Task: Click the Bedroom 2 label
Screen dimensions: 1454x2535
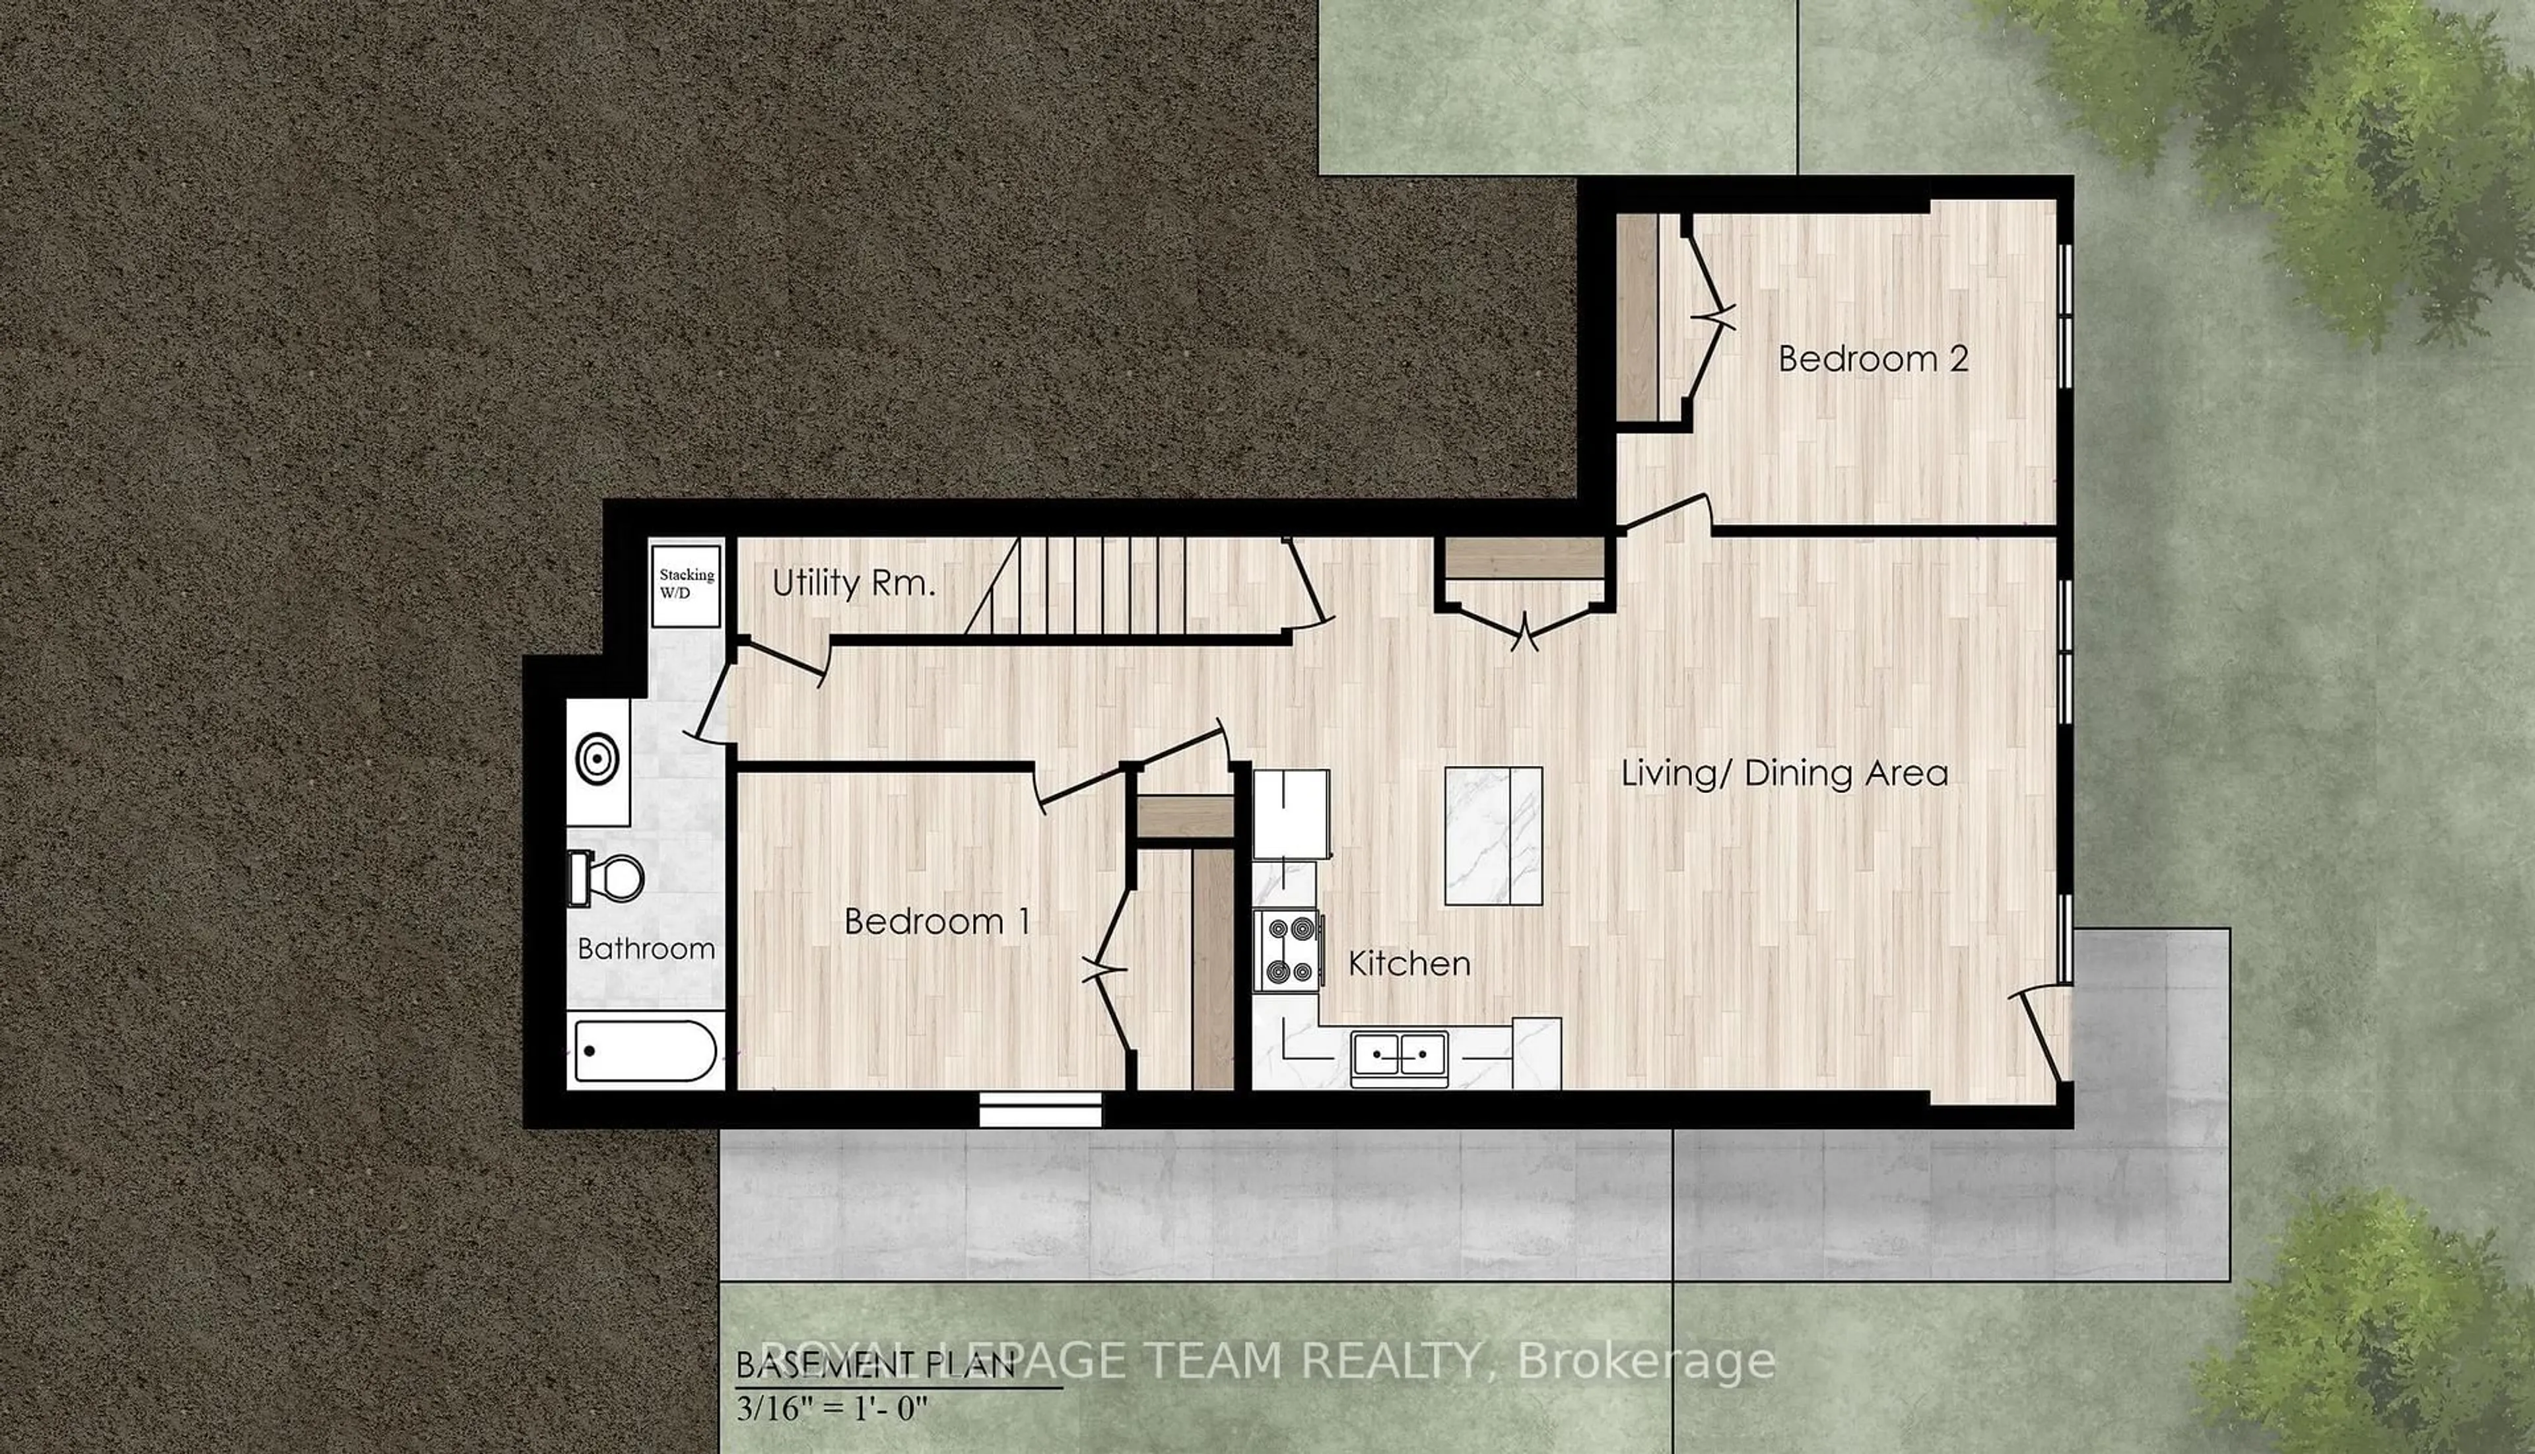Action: pos(1873,359)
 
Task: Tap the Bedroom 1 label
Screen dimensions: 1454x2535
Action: pos(937,920)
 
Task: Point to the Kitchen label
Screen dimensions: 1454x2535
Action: pos(1409,963)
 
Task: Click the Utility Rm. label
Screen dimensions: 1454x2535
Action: pos(854,583)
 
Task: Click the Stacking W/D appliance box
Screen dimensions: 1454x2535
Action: pos(686,585)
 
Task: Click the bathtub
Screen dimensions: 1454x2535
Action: pos(645,1051)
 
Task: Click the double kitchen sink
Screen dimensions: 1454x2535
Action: pos(1399,1055)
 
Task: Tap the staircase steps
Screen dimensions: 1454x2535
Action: pos(1098,586)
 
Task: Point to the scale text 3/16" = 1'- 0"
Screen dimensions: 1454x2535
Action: pos(832,1409)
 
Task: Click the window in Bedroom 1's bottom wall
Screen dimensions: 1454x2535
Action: pos(1039,1109)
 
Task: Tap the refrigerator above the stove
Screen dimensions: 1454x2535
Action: pos(1290,813)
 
